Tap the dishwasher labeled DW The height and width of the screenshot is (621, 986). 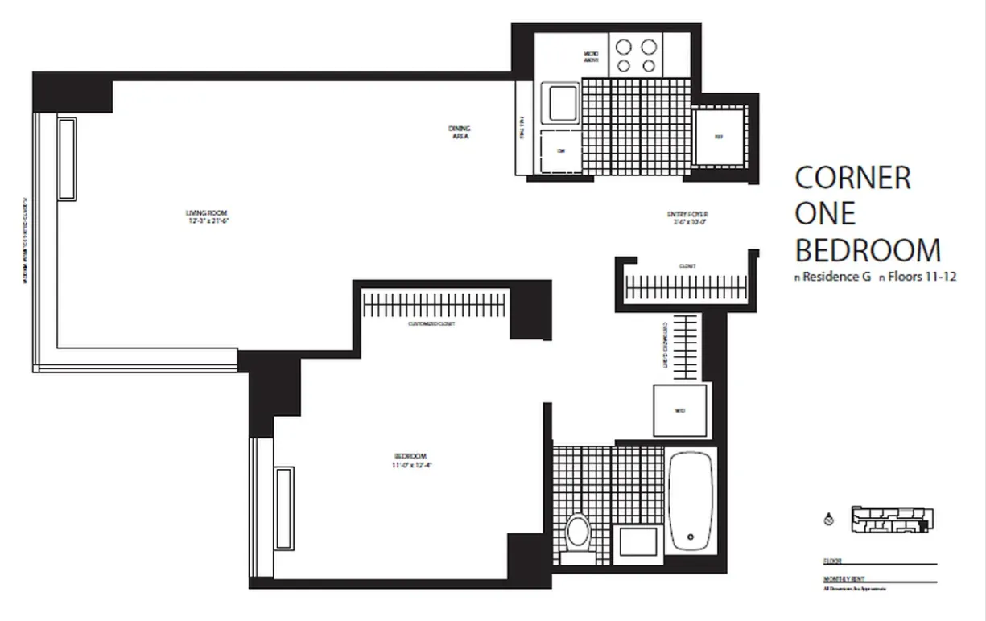pyautogui.click(x=559, y=151)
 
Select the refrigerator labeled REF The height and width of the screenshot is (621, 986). pyautogui.click(x=719, y=137)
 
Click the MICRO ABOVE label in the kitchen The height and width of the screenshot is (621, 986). pyautogui.click(x=591, y=57)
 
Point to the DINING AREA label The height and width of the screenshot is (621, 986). pyautogui.click(x=460, y=133)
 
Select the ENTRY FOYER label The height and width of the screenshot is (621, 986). pyautogui.click(x=687, y=216)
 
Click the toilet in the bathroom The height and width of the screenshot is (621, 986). pyautogui.click(x=578, y=533)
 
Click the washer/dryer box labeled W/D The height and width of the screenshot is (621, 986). pyautogui.click(x=680, y=409)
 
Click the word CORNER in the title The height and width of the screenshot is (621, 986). pyautogui.click(x=852, y=178)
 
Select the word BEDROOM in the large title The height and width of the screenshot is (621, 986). pyautogui.click(x=868, y=250)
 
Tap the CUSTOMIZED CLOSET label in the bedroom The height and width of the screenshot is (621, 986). pyautogui.click(x=432, y=324)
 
